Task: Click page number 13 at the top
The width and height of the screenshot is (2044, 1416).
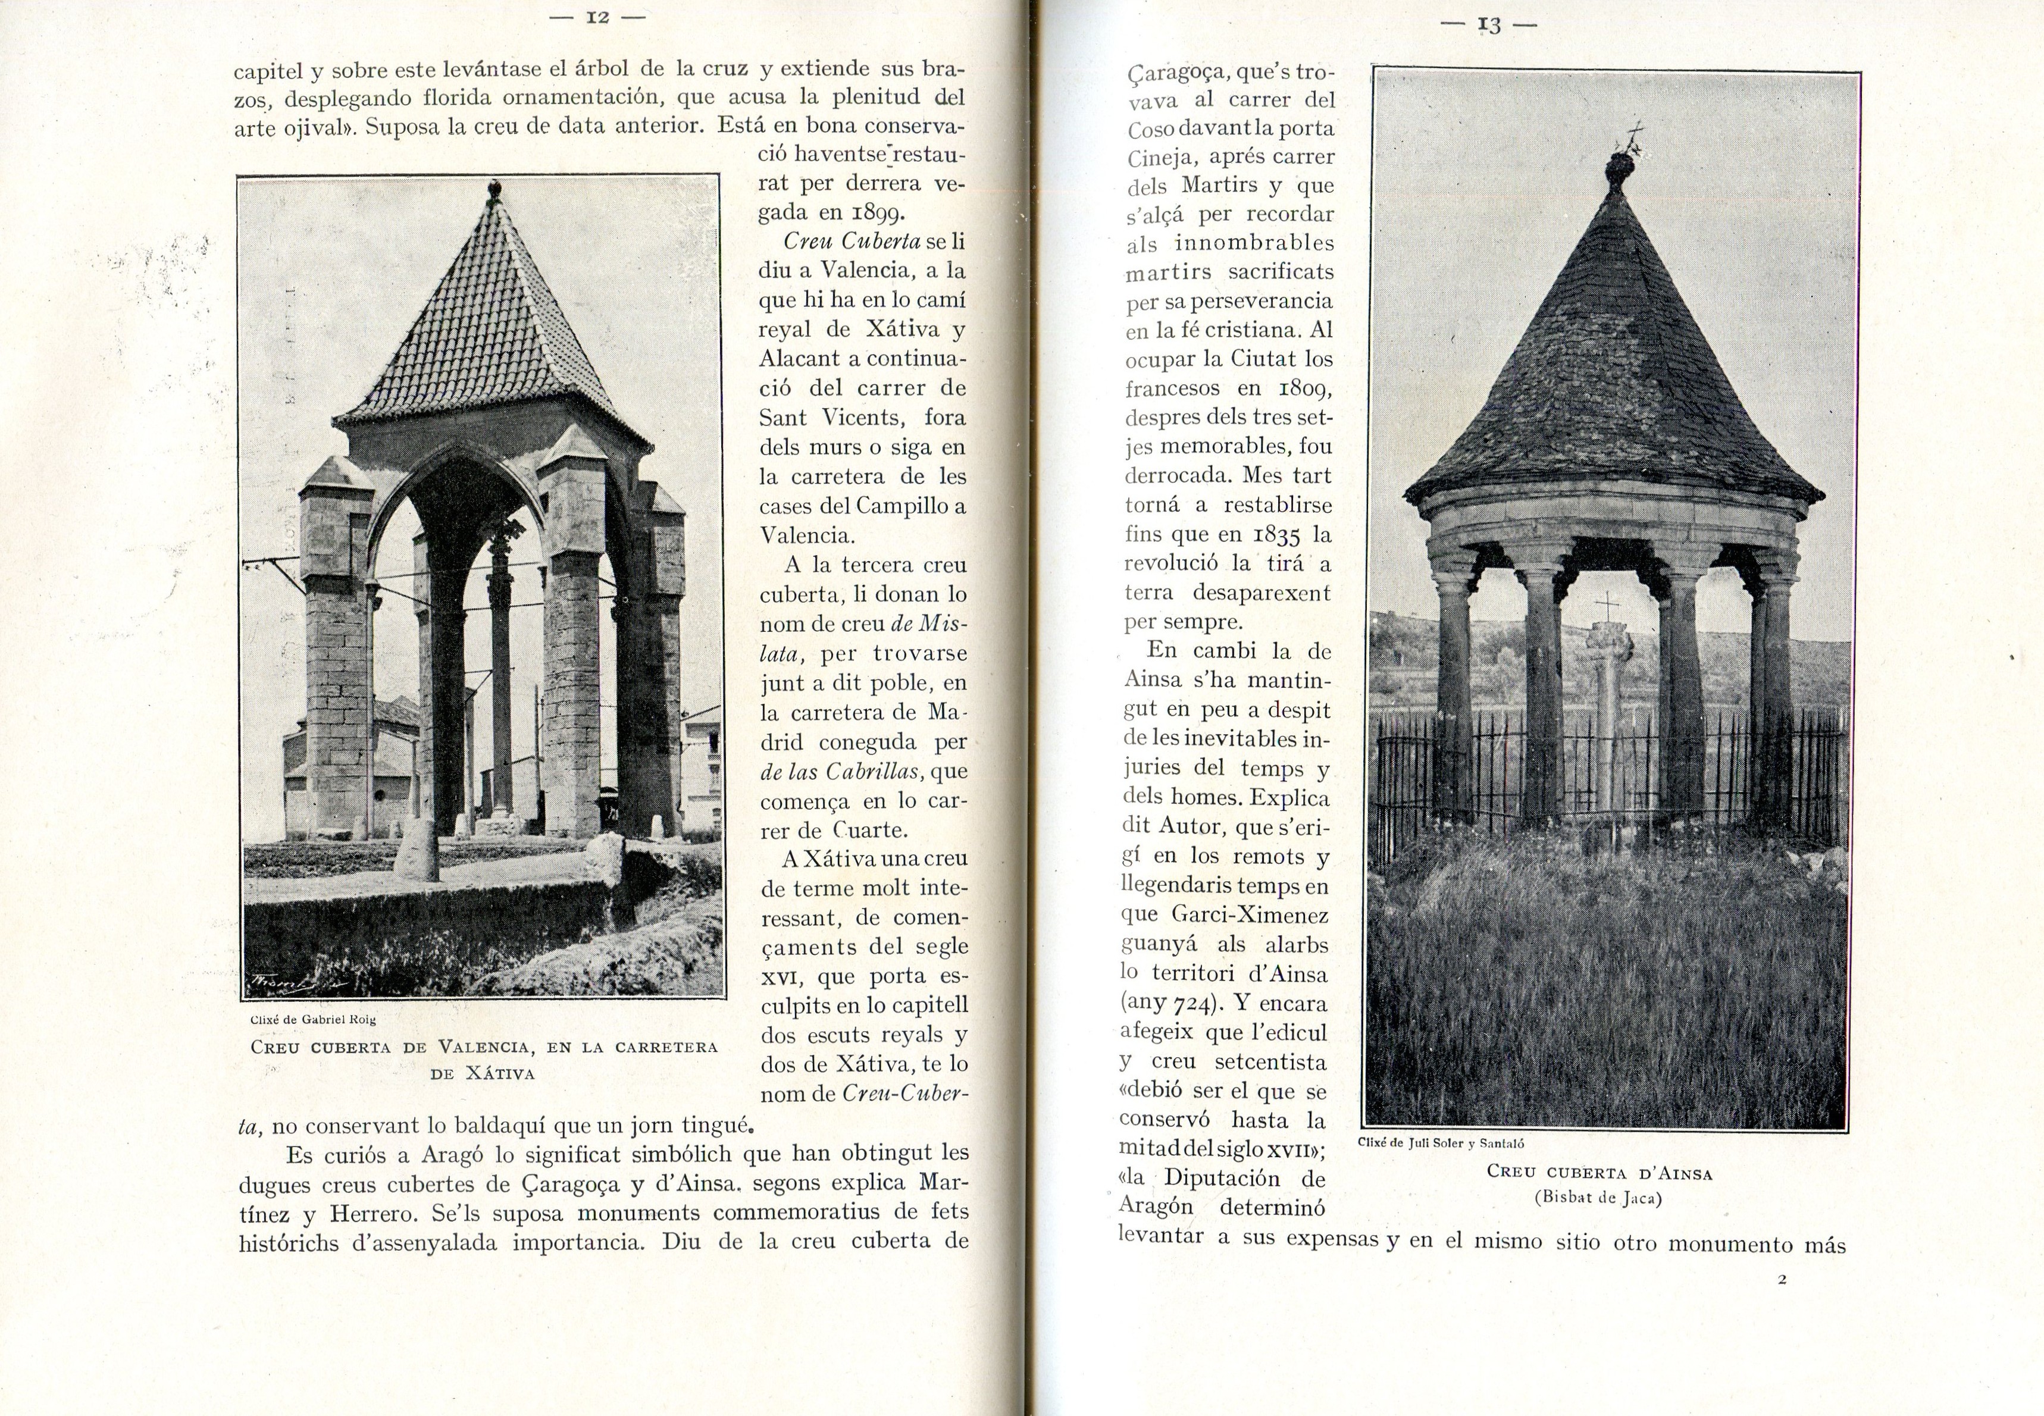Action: pos(1489,26)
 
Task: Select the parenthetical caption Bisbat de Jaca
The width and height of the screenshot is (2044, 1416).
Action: pos(1599,1198)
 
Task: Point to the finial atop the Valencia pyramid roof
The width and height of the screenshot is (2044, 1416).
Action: pos(494,190)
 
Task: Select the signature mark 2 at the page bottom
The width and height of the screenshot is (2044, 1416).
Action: pos(1782,1279)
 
